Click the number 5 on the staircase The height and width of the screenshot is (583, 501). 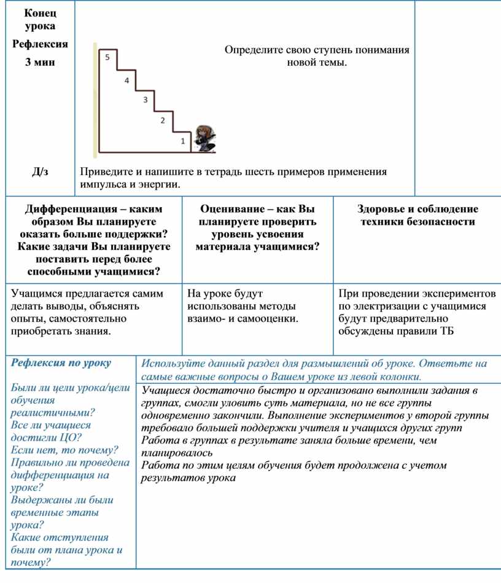(x=107, y=57)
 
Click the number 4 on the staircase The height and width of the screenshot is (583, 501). (x=126, y=81)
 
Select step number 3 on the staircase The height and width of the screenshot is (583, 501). (x=145, y=100)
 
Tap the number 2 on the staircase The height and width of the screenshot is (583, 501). (x=163, y=120)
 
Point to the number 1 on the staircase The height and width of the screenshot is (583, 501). (x=182, y=141)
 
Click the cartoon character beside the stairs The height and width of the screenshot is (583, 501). (x=203, y=139)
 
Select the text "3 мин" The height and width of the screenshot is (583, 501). (x=40, y=63)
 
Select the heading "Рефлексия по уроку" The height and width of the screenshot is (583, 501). (x=61, y=363)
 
